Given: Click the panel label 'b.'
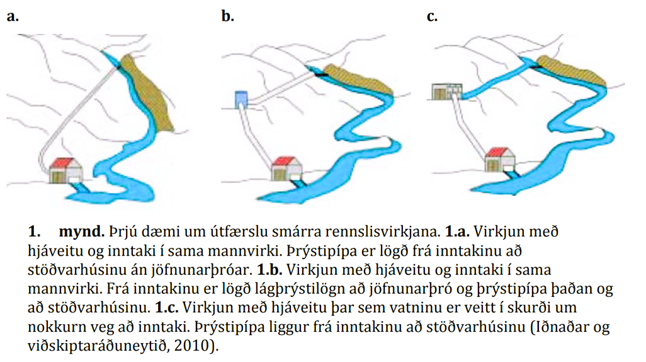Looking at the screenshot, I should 228,17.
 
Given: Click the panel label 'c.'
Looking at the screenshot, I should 432,17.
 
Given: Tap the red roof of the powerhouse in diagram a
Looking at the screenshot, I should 66,163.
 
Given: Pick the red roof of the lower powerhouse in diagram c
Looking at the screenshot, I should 499,153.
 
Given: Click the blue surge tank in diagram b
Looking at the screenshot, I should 241,100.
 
